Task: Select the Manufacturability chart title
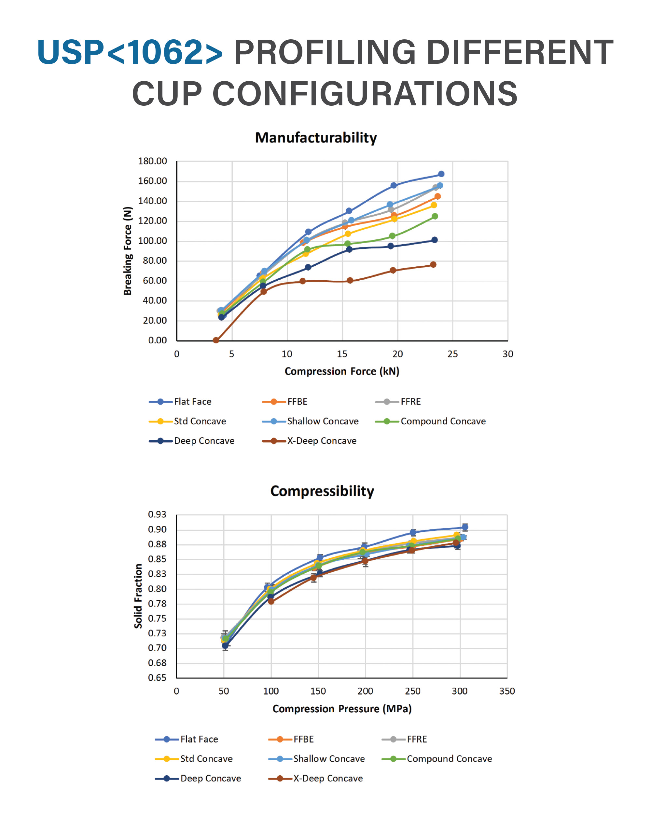pos(316,138)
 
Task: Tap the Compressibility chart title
pos(322,491)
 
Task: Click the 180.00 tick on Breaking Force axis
pos(152,161)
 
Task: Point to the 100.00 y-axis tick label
pos(152,241)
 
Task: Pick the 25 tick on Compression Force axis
pos(452,354)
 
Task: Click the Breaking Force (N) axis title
pos(128,251)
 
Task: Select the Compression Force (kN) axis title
pos(341,371)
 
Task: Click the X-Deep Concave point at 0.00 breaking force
pos(216,340)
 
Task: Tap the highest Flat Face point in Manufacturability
pos(441,174)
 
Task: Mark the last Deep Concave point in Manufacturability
pos(434,240)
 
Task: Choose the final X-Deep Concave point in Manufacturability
pos(433,265)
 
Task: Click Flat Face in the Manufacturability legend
pos(192,402)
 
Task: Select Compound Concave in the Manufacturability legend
pos(443,421)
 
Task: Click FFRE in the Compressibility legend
pos(416,739)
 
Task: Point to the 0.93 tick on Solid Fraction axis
pos(157,514)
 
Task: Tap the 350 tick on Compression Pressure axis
pos(507,691)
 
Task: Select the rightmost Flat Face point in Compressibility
pos(465,527)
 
